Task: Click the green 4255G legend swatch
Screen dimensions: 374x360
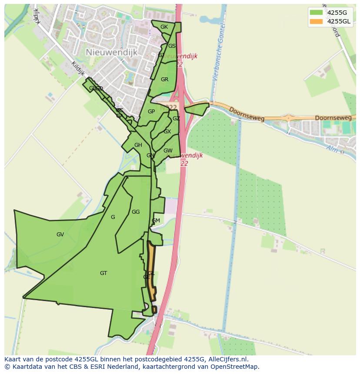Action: click(x=316, y=13)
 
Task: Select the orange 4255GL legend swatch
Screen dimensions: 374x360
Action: click(x=316, y=21)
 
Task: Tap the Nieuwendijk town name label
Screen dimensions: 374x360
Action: click(x=112, y=52)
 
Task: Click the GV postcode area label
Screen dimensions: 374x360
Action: click(x=60, y=235)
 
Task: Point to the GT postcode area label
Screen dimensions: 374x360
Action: click(x=103, y=273)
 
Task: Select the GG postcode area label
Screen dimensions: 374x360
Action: click(x=136, y=212)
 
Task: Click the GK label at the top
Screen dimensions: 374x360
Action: click(x=164, y=27)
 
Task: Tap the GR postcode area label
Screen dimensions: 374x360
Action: click(x=164, y=79)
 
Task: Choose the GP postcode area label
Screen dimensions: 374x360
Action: click(x=151, y=112)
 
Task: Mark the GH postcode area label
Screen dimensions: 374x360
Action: click(x=138, y=145)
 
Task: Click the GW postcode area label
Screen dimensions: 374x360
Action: click(x=168, y=151)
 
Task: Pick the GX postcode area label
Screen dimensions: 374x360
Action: click(x=167, y=132)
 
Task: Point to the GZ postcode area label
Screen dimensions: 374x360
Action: click(x=176, y=119)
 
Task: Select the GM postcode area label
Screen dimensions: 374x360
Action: click(x=156, y=221)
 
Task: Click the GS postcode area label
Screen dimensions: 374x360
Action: click(x=172, y=46)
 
